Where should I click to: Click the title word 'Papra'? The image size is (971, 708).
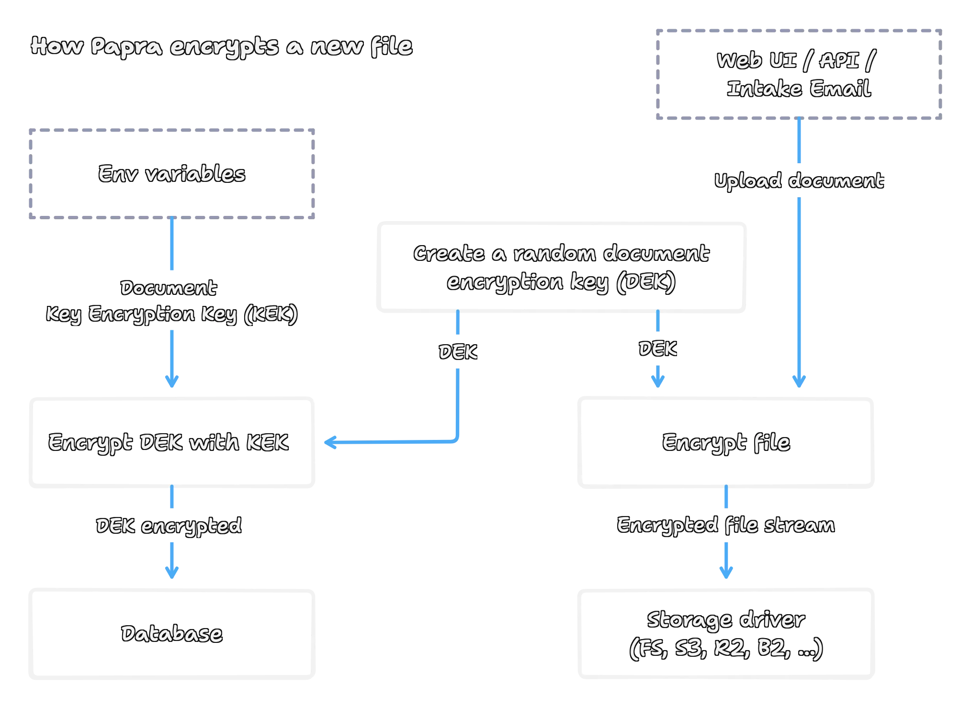click(126, 47)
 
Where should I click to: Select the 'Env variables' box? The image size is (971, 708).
click(172, 174)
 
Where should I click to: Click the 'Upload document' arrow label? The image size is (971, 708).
click(799, 181)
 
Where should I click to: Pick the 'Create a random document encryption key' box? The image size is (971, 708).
click(561, 267)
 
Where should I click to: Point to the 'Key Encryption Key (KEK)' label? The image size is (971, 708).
click(172, 314)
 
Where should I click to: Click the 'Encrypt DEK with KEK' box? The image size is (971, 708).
click(172, 442)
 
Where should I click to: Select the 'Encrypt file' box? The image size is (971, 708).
click(725, 442)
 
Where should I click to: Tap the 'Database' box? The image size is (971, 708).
click(172, 633)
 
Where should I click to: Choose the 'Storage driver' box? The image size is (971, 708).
click(725, 633)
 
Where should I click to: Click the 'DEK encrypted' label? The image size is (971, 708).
click(169, 526)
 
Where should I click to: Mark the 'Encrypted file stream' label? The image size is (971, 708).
click(725, 525)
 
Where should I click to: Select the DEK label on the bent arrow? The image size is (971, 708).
click(458, 352)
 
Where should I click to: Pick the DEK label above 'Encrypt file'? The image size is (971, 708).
click(658, 348)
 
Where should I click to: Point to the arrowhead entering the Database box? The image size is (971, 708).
click(172, 573)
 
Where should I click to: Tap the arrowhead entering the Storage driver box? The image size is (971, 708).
click(726, 573)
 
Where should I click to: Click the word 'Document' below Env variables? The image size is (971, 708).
click(169, 288)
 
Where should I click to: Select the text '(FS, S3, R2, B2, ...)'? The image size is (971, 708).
click(725, 649)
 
